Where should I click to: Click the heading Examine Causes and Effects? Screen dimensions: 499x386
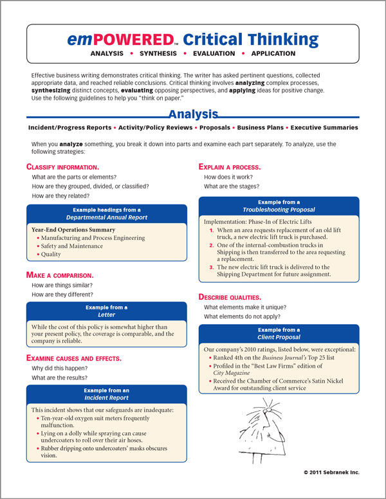click(73, 358)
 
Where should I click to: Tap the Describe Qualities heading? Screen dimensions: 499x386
click(230, 297)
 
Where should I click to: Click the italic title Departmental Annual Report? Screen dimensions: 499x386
click(107, 217)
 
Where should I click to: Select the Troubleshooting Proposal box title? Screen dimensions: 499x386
click(279, 210)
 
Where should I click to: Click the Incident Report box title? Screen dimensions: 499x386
click(107, 397)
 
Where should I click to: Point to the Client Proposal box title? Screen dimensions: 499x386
click(279, 337)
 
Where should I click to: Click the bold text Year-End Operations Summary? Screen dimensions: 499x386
click(73, 230)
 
